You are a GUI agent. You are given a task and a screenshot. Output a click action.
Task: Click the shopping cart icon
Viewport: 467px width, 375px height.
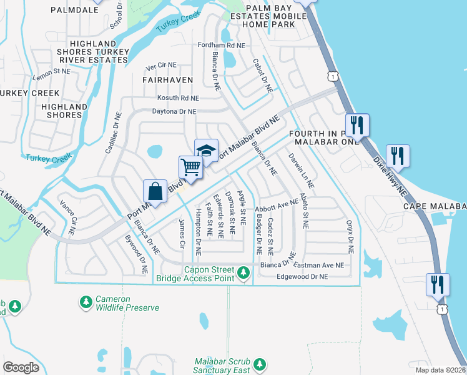[x=191, y=167]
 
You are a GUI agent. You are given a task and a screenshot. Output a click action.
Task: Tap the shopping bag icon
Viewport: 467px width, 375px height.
[x=155, y=191]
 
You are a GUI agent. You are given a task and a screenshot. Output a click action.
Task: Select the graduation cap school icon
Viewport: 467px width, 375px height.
[x=206, y=150]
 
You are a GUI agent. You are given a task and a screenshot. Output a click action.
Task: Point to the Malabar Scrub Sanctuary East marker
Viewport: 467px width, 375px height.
[x=260, y=364]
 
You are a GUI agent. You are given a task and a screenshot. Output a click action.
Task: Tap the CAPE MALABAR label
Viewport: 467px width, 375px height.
[x=435, y=206]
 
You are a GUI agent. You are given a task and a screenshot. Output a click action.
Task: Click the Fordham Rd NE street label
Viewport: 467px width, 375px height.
[x=222, y=46]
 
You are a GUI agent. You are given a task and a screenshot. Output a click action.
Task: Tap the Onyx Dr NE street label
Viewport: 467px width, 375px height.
[x=351, y=236]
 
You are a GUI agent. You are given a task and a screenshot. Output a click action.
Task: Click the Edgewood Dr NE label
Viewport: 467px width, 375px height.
[x=302, y=276]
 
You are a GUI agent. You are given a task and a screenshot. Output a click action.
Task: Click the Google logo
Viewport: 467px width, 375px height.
[x=21, y=367]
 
